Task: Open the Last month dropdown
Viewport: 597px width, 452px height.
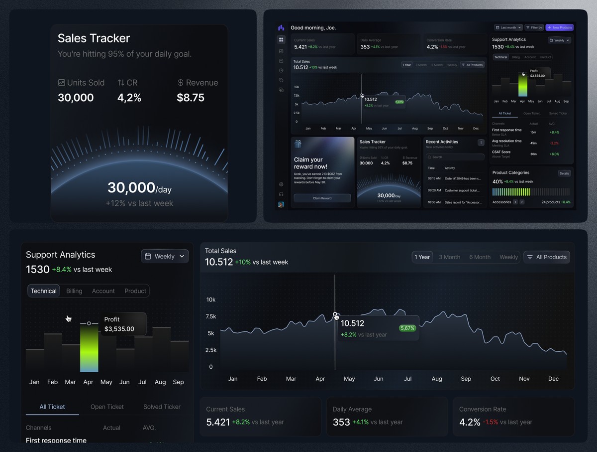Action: point(508,27)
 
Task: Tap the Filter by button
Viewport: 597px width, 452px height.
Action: point(534,27)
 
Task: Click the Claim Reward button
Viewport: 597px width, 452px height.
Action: point(322,198)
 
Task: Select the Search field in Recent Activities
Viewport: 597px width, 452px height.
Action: point(455,157)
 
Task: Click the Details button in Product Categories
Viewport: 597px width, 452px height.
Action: point(564,173)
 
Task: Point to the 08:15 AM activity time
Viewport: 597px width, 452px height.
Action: point(434,178)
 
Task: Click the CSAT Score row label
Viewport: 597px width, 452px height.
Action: point(501,152)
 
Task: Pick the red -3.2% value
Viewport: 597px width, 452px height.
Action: point(554,143)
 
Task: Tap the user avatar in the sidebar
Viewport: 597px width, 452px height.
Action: point(281,204)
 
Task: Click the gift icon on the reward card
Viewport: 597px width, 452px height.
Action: point(298,144)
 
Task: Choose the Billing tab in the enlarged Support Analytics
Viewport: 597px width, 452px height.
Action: point(74,291)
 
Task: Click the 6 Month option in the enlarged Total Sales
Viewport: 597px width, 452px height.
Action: point(480,257)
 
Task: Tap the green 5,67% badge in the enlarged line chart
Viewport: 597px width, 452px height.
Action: point(407,328)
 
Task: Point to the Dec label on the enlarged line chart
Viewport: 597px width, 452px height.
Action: point(553,379)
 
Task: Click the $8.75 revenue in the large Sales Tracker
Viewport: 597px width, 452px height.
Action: point(191,98)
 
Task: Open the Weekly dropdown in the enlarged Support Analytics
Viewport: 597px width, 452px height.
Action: point(164,256)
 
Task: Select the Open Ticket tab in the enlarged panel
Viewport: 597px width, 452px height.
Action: point(107,407)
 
